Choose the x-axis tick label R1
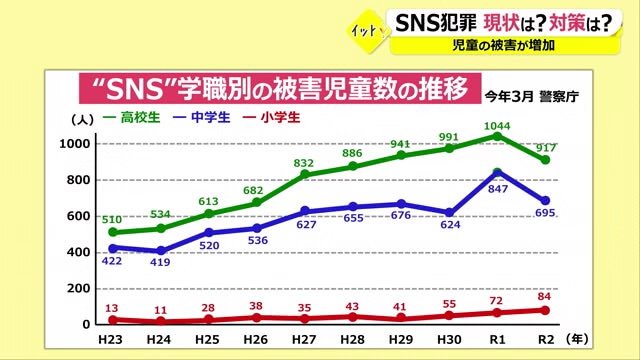tap(498, 341)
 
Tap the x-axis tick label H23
tap(110, 341)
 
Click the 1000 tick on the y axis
tap(77, 144)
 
